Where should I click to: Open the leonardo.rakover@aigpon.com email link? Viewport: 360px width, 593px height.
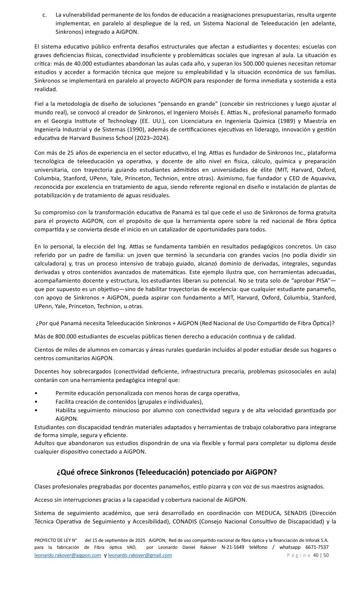tap(68, 555)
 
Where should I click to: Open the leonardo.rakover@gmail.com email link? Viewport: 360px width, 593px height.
tap(140, 555)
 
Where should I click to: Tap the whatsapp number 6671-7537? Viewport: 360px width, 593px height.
tap(317, 547)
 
